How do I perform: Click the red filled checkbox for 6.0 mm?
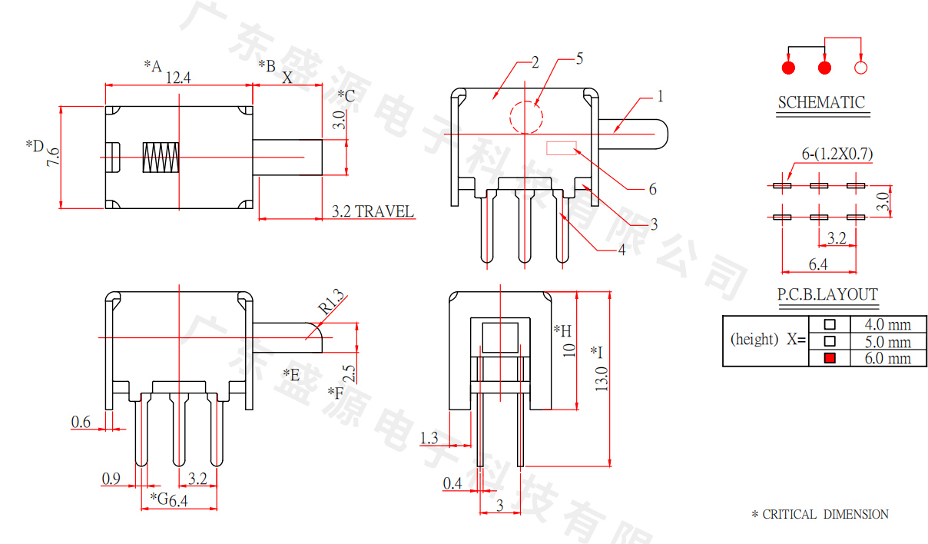click(x=830, y=358)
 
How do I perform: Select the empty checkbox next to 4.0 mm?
click(x=830, y=324)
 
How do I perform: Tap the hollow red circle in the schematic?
click(x=860, y=68)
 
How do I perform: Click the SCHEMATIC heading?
click(x=821, y=102)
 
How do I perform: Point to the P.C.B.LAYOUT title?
click(x=827, y=294)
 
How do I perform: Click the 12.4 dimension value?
click(x=178, y=78)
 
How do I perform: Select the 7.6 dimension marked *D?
click(x=53, y=157)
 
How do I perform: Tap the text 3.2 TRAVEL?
click(x=373, y=211)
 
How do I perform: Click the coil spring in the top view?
click(x=161, y=158)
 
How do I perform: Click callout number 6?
click(x=652, y=189)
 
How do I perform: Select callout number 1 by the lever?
click(x=661, y=97)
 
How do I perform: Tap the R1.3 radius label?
click(x=331, y=301)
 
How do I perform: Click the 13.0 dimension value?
click(x=602, y=379)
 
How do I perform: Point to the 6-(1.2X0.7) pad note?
click(x=837, y=154)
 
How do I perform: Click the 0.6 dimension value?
click(x=81, y=422)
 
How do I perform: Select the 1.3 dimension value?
click(x=429, y=438)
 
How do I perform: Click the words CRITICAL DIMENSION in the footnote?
click(x=825, y=514)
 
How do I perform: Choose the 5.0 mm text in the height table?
click(x=887, y=342)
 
